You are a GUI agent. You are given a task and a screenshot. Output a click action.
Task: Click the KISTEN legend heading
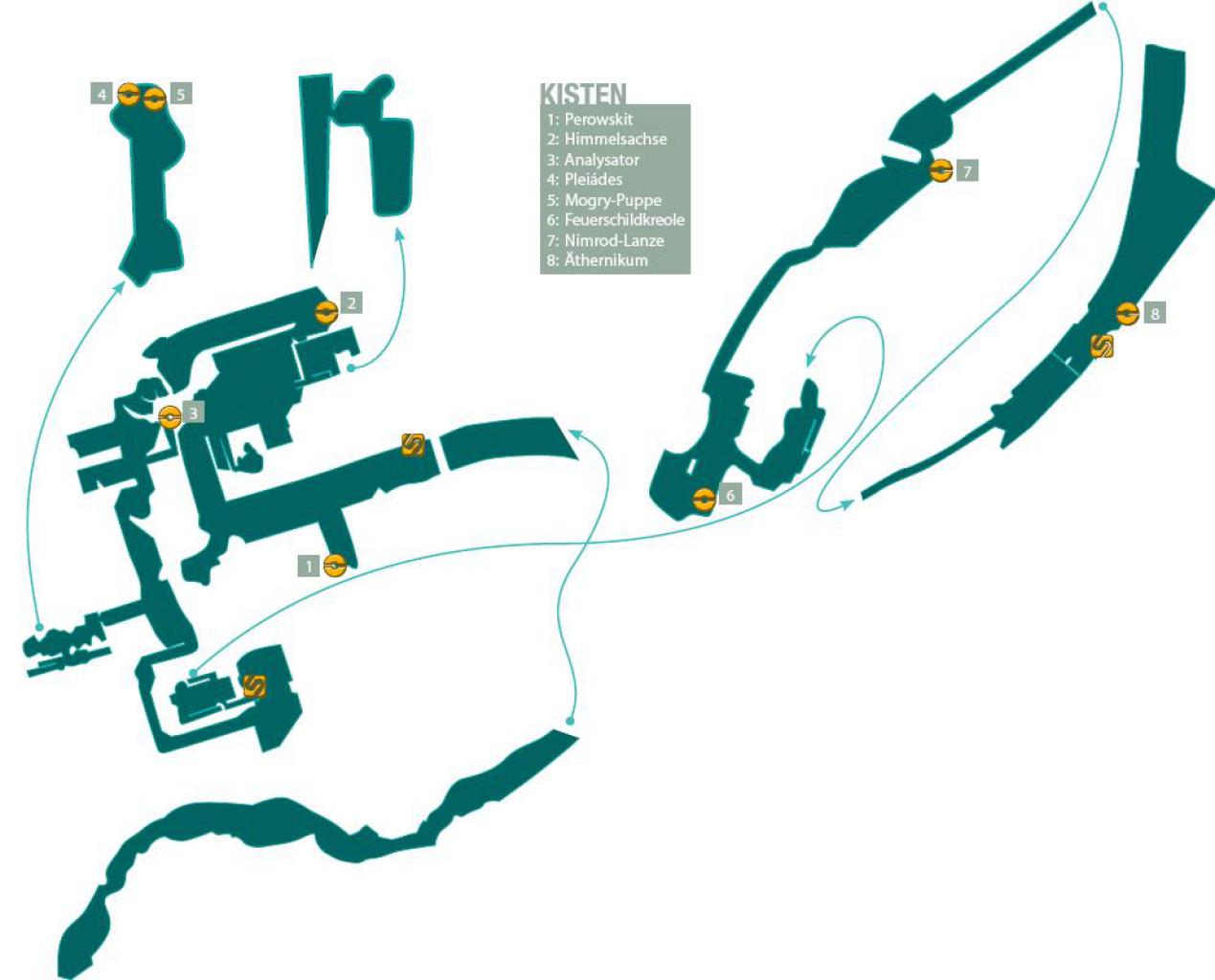[x=583, y=94]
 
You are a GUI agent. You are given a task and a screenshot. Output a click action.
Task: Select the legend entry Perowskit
[x=590, y=119]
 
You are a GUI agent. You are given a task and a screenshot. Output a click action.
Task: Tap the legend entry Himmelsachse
[x=606, y=139]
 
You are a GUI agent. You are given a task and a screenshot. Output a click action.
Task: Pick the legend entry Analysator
[x=593, y=160]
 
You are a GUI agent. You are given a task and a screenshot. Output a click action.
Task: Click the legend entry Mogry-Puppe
[x=604, y=200]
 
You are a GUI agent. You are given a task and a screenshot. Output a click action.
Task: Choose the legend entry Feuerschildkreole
[x=616, y=219]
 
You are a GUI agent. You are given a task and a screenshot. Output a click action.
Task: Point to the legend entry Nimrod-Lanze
[x=605, y=240]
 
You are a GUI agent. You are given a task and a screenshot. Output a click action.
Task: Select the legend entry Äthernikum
[x=596, y=259]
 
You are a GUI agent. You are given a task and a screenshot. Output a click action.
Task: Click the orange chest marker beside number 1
[x=334, y=565]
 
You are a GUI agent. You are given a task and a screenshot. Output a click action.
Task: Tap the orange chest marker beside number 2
[x=326, y=312]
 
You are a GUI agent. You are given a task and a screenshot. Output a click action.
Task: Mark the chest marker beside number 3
[x=169, y=417]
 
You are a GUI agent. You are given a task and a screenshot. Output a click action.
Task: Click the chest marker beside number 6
[x=704, y=499]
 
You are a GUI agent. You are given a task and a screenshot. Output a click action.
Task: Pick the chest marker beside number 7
[x=940, y=170]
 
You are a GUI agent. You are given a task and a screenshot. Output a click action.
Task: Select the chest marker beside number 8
[x=1128, y=313]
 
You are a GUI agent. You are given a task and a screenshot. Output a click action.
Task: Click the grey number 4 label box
[x=101, y=94]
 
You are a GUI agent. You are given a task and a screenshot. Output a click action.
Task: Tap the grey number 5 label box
[x=181, y=94]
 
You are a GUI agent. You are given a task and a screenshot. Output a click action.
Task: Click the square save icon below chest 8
[x=1101, y=346]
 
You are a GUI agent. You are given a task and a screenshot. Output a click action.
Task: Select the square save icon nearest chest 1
[x=414, y=445]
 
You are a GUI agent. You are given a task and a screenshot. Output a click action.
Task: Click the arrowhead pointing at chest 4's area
[x=119, y=287]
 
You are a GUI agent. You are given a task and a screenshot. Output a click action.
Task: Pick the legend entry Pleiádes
[x=584, y=180]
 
